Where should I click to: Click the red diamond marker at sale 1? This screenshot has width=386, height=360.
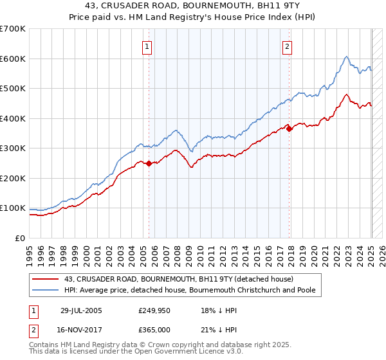pyautogui.click(x=149, y=163)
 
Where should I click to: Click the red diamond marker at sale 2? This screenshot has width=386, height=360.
pyautogui.click(x=289, y=129)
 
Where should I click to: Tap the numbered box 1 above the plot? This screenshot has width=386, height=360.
pyautogui.click(x=147, y=46)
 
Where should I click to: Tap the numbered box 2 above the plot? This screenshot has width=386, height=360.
pyautogui.click(x=286, y=46)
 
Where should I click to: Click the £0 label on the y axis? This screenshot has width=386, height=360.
pyautogui.click(x=21, y=238)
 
